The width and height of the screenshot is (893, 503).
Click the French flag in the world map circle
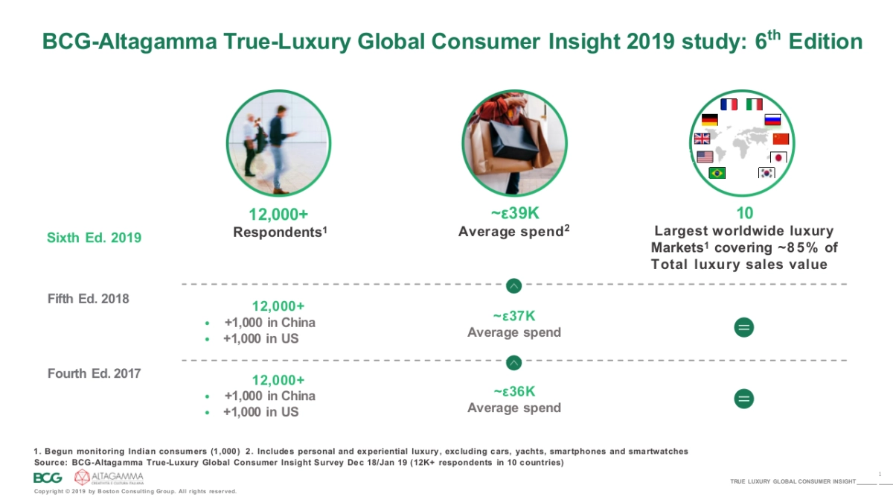tap(729, 104)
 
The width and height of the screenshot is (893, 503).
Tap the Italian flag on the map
tap(755, 104)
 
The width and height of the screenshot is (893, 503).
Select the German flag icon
tap(709, 120)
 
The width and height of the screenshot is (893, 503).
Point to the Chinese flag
tap(780, 139)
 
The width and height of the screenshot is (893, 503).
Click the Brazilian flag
tap(717, 173)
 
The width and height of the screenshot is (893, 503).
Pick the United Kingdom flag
tap(702, 139)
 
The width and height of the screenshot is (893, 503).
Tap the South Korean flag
tap(766, 173)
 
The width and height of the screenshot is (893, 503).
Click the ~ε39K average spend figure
tap(514, 214)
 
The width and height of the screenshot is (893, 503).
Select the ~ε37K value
tap(514, 317)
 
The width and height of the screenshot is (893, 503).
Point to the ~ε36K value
tap(514, 392)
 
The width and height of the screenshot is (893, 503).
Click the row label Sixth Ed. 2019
tap(94, 238)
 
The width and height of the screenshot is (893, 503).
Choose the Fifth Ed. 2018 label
tap(88, 299)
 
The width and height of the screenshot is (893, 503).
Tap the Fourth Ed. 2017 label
tap(94, 373)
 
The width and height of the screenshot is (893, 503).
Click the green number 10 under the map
tap(744, 214)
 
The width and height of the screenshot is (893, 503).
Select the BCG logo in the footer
tap(48, 478)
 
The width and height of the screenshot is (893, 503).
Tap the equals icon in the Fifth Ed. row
tap(743, 326)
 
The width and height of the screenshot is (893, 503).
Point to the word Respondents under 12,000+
tap(278, 232)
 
